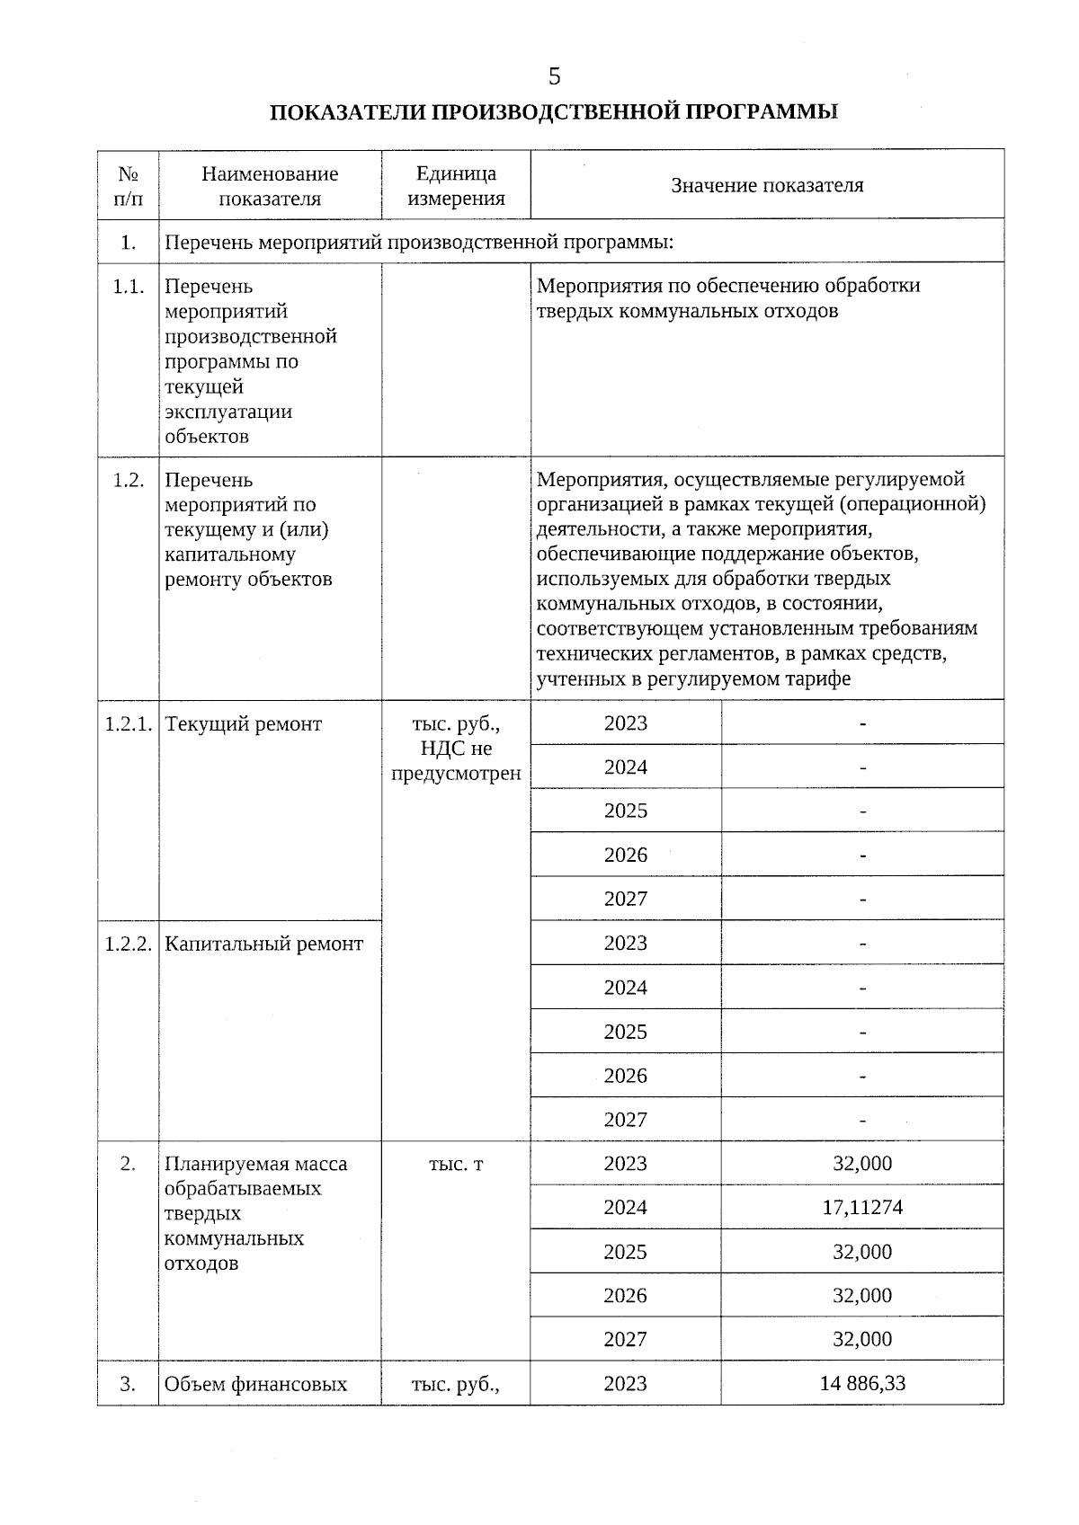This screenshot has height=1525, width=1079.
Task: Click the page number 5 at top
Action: (x=554, y=77)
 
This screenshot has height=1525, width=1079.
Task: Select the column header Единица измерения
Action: (x=456, y=186)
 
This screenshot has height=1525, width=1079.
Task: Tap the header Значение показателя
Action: (x=767, y=185)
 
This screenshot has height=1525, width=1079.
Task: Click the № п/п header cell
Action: (x=129, y=186)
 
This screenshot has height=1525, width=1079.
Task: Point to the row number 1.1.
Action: (x=129, y=287)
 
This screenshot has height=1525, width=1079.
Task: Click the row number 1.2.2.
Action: (x=128, y=944)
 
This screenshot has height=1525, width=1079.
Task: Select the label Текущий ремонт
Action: (x=244, y=724)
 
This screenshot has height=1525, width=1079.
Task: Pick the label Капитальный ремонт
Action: (x=264, y=944)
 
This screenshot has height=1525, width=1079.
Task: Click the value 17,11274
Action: (x=861, y=1207)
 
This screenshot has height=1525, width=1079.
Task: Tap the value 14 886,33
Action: (x=861, y=1383)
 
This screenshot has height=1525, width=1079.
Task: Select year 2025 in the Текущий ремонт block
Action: (x=626, y=811)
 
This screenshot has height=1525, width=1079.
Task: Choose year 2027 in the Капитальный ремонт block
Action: (x=626, y=1120)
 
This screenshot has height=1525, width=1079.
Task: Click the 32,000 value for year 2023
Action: (x=861, y=1164)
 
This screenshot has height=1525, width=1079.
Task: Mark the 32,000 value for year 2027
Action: (x=861, y=1339)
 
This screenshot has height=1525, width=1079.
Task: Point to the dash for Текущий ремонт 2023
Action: (x=862, y=723)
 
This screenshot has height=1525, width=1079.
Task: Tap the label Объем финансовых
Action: (x=255, y=1384)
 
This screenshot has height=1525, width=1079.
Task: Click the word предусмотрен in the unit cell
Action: (x=456, y=774)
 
